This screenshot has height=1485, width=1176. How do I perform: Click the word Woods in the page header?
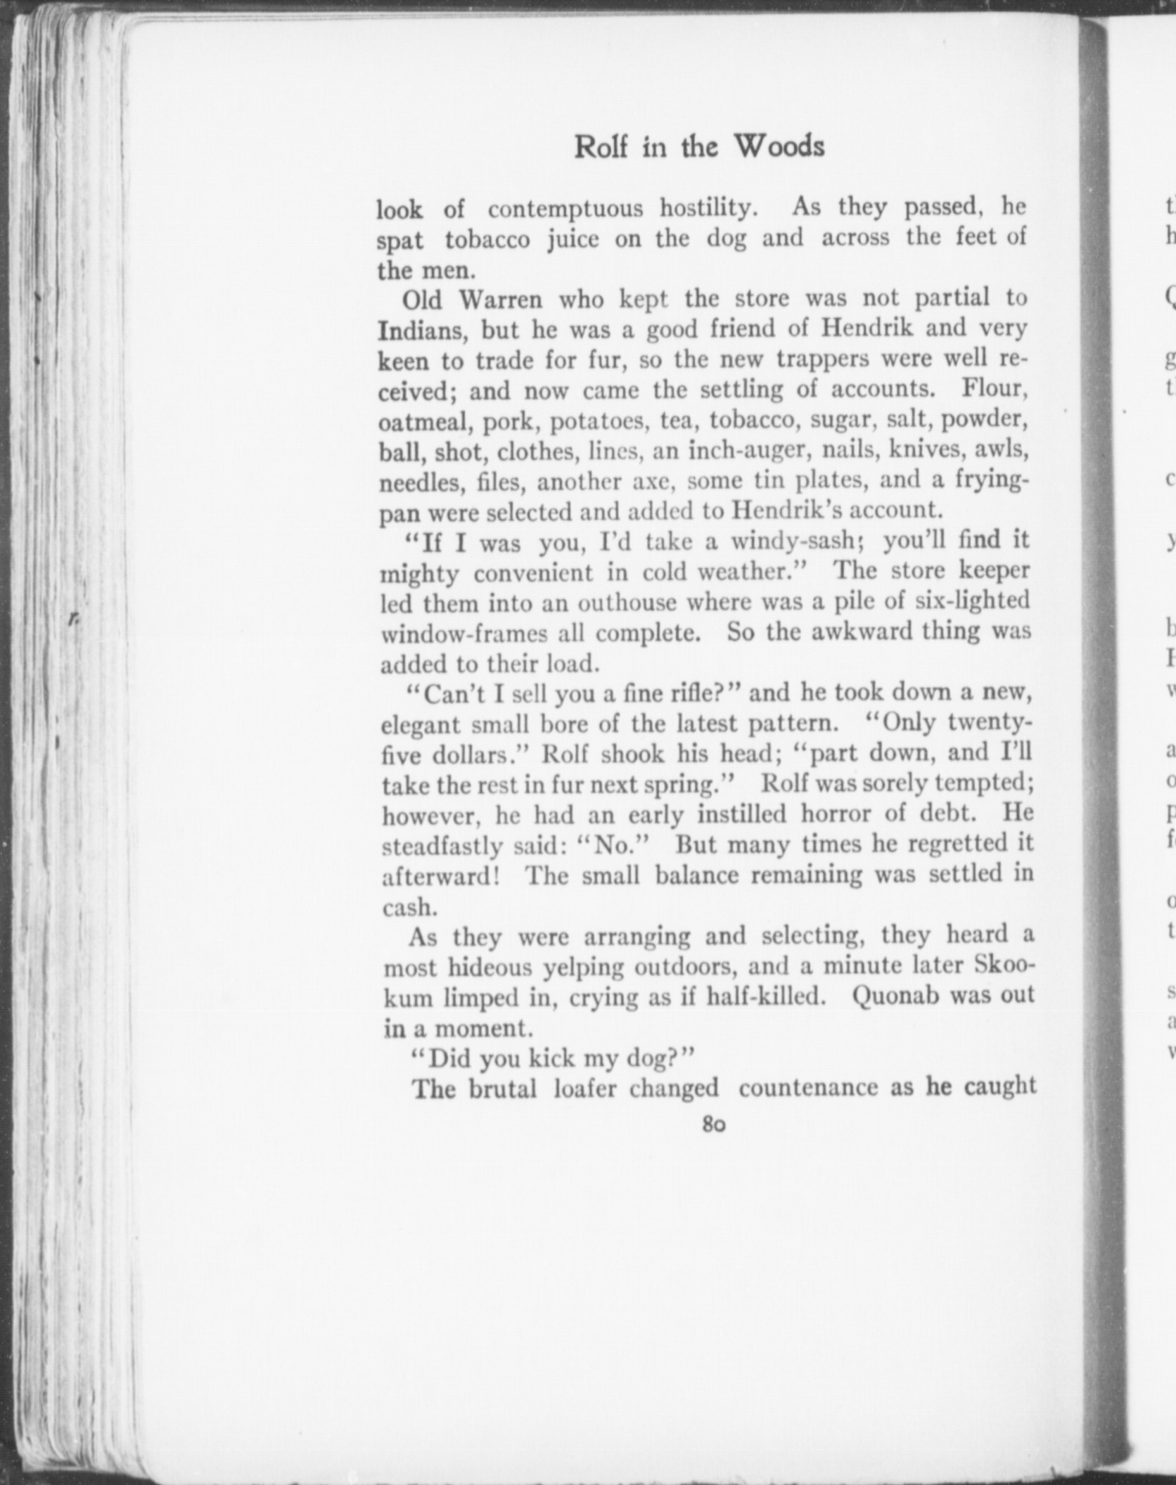click(779, 146)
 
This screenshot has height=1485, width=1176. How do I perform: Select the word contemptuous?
click(565, 209)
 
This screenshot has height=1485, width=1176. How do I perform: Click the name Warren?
click(500, 300)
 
